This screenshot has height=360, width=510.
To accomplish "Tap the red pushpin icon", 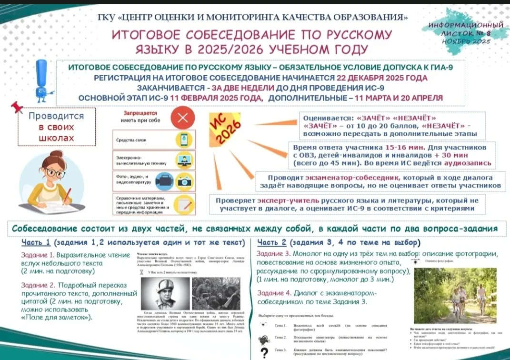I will [x=17, y=107].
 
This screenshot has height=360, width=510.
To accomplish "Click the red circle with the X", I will [x=182, y=119].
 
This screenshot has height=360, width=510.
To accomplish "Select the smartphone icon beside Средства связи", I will [x=182, y=140].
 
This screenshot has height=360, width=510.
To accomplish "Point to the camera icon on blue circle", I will [x=182, y=180].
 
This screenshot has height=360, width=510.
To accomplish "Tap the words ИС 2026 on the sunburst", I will [x=223, y=128].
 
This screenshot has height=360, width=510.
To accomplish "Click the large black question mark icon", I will [x=264, y=352].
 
